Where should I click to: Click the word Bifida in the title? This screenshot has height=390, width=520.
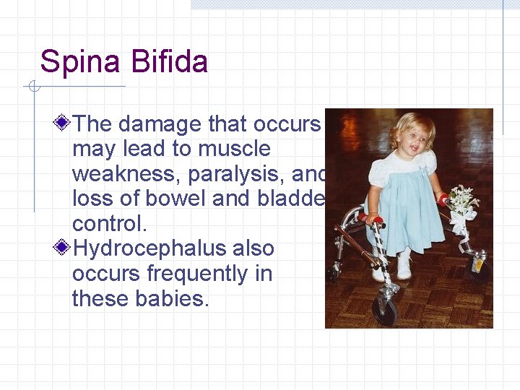(x=170, y=62)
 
